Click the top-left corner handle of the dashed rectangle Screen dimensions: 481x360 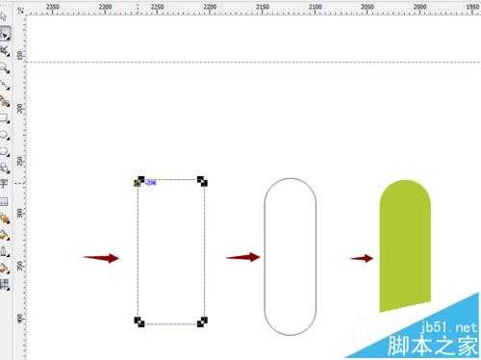pyautogui.click(x=139, y=180)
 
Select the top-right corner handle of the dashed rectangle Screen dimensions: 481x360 pyautogui.click(x=202, y=180)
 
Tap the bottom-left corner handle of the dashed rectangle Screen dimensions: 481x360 pyautogui.click(x=139, y=321)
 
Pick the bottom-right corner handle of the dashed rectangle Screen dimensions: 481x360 pyautogui.click(x=202, y=321)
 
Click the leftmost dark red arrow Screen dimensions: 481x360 pyautogui.click(x=101, y=258)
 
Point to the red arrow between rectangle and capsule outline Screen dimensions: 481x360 pyautogui.click(x=242, y=257)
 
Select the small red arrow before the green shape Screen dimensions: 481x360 pyautogui.click(x=362, y=258)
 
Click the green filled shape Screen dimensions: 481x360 pyautogui.click(x=405, y=245)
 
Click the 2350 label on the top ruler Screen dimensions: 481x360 pyautogui.click(x=52, y=6)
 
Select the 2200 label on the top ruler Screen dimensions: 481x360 pyautogui.click(x=210, y=6)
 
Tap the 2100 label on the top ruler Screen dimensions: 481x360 pyautogui.click(x=315, y=6)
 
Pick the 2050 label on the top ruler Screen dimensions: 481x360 pyautogui.click(x=367, y=6)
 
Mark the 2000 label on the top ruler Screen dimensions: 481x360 pyautogui.click(x=418, y=6)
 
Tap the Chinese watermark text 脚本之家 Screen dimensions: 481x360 pyautogui.click(x=438, y=345)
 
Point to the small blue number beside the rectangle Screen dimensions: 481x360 pyautogui.click(x=151, y=181)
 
